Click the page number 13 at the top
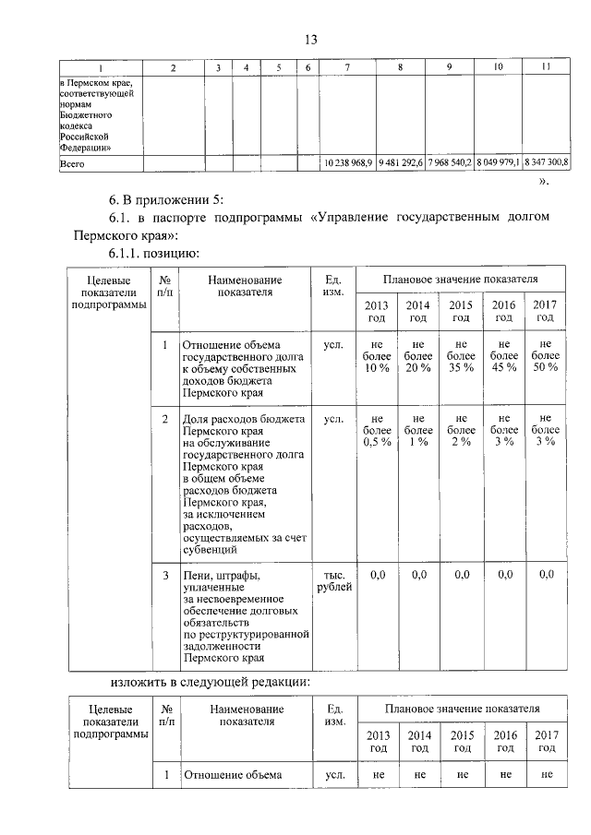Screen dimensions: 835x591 coord(311,39)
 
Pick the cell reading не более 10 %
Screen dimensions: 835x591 coord(377,355)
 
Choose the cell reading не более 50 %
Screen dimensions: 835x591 coord(546,355)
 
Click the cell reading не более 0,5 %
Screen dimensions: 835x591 coord(377,430)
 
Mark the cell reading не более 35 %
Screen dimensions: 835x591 coord(462,355)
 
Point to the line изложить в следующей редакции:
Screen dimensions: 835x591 coord(211,681)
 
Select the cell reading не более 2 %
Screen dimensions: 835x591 coord(462,430)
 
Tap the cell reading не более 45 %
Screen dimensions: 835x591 coord(504,355)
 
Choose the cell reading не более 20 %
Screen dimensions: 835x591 coord(419,355)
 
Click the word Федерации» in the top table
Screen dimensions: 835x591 coord(86,146)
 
